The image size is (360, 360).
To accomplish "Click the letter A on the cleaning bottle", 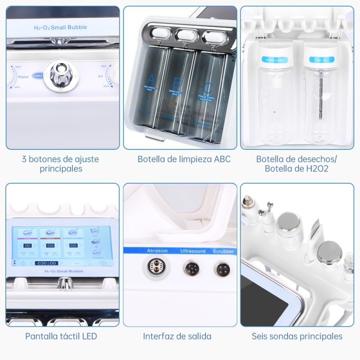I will (x=151, y=77).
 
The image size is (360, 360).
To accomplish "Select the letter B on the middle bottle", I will (x=177, y=82).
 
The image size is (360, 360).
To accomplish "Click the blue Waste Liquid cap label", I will (x=273, y=59).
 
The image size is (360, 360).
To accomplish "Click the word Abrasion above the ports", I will (x=157, y=251).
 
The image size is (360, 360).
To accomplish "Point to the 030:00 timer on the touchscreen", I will (x=46, y=263).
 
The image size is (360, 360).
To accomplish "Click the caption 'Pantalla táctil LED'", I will (x=61, y=336).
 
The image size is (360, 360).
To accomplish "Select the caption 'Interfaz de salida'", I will (x=177, y=336).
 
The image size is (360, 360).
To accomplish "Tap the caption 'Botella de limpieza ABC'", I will (x=184, y=159).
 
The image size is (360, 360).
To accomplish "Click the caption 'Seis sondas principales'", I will (x=297, y=336).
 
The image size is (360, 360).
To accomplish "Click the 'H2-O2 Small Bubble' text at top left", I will (x=60, y=28).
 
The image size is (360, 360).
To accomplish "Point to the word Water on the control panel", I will (x=23, y=77).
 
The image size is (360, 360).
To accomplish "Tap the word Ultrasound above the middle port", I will (x=193, y=251).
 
